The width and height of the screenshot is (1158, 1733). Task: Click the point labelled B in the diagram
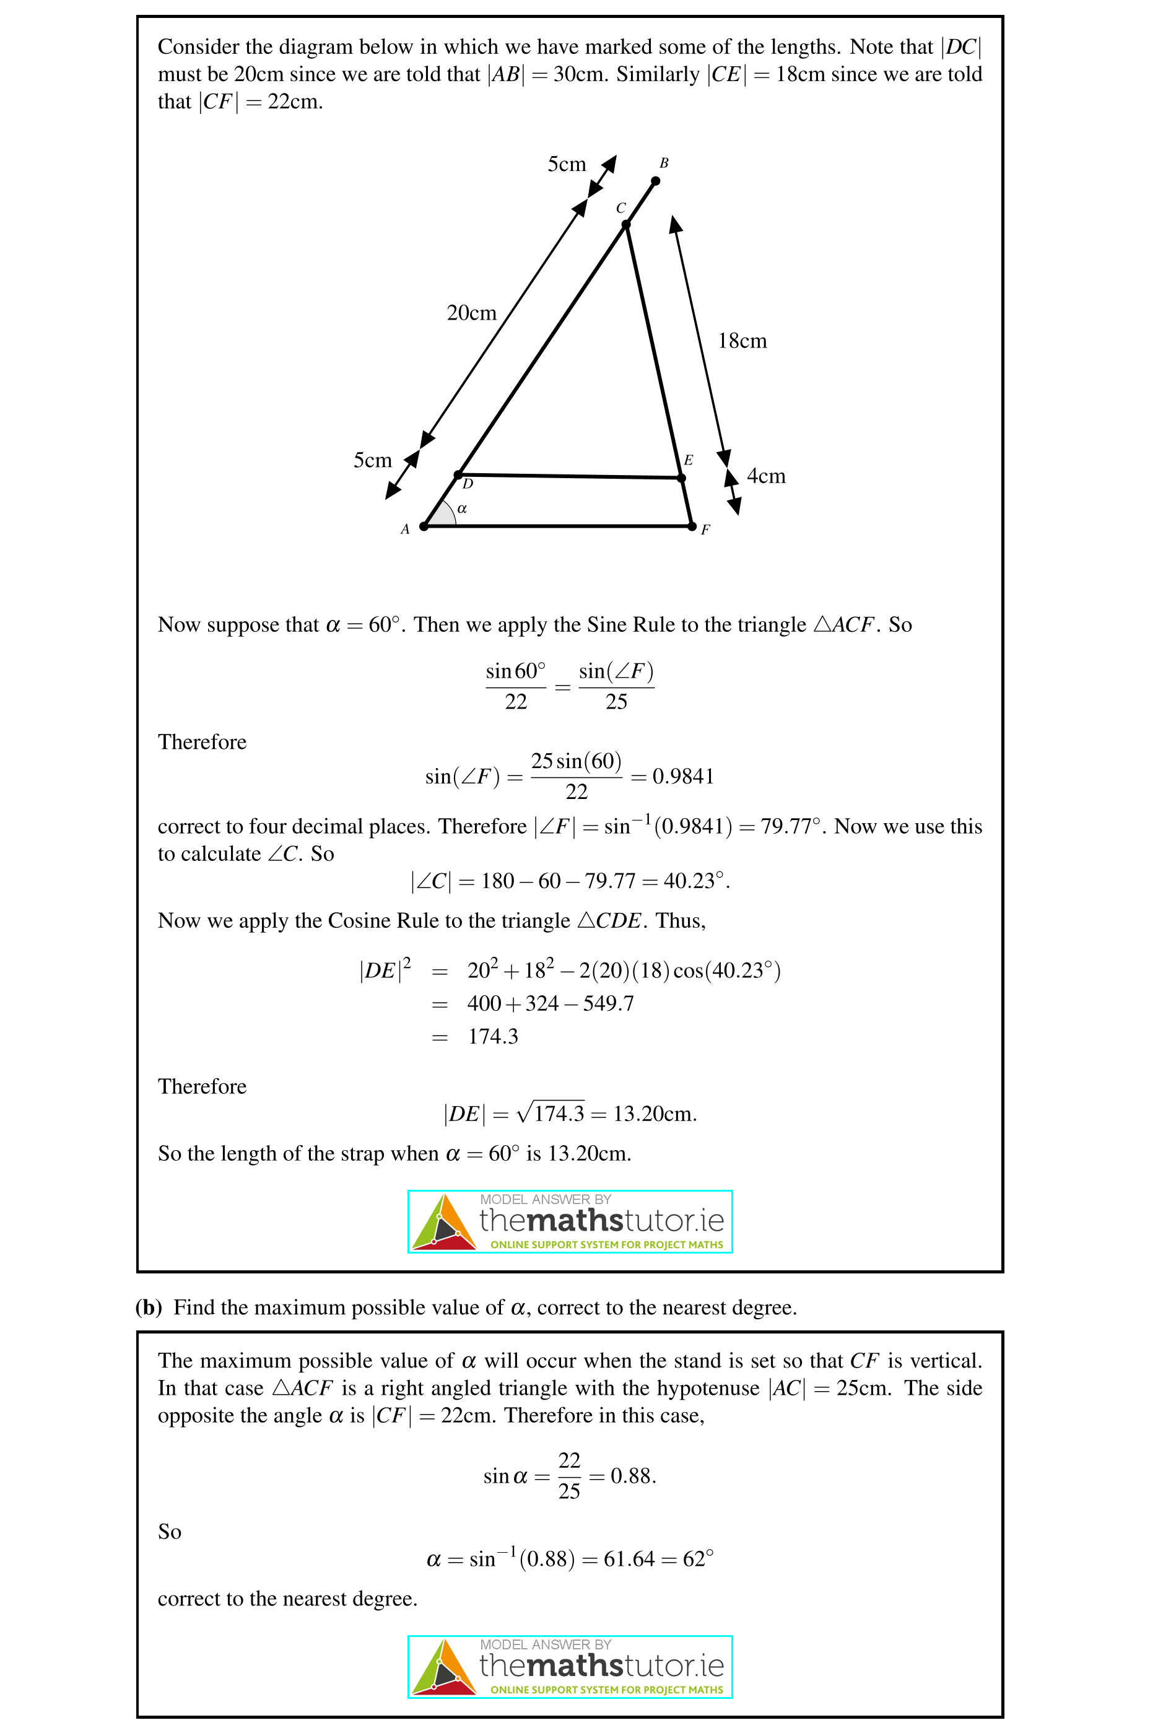655,181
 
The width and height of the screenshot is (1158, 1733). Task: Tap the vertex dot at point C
625,225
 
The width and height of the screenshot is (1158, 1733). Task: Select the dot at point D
459,474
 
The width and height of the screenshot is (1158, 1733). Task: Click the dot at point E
682,478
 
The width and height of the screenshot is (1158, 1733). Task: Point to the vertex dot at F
692,526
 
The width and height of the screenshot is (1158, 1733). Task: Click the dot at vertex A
424,526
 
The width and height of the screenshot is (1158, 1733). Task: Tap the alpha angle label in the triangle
463,509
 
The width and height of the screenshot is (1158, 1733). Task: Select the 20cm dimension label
471,313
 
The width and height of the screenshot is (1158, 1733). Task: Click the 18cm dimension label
742,341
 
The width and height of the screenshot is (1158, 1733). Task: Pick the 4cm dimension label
766,476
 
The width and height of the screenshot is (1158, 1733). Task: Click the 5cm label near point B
567,164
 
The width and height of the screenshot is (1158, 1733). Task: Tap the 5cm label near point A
372,460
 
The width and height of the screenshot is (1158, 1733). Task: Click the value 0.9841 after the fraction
683,776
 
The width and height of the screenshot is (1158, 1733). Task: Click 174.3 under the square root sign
559,1113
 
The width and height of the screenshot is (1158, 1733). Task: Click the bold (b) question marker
149,1307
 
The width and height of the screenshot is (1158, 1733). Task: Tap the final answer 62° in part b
698,1559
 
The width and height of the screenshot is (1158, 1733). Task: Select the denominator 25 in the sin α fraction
568,1491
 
